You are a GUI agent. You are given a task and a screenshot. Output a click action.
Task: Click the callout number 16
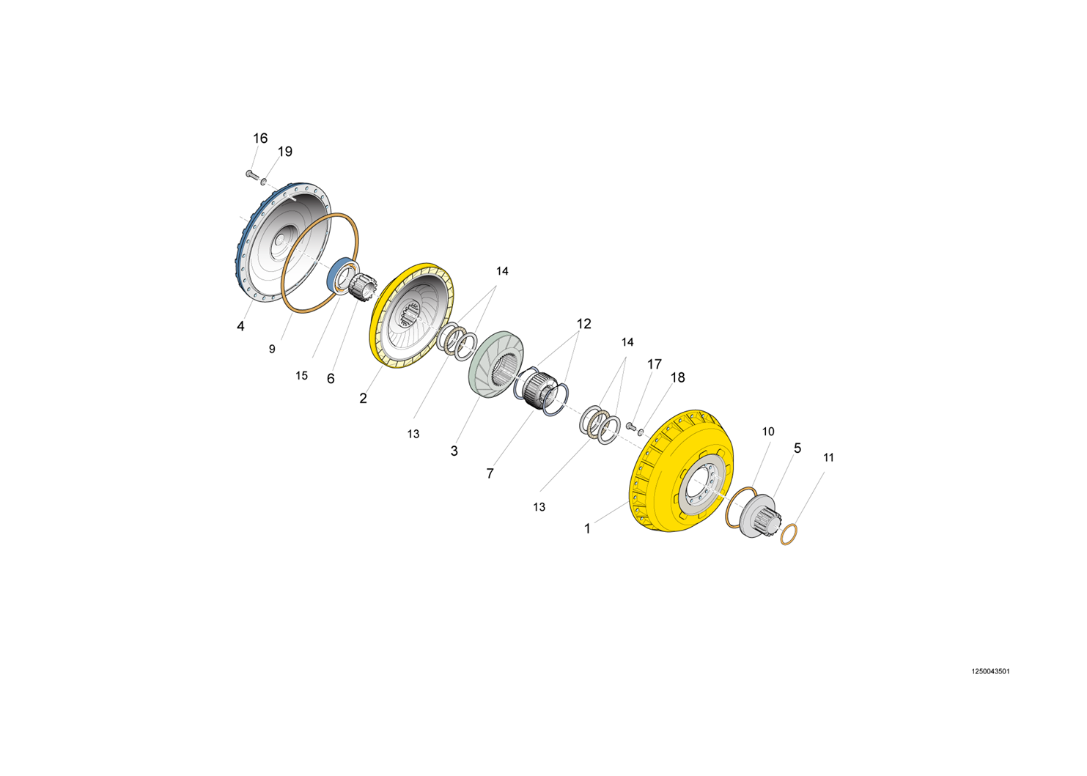pos(260,138)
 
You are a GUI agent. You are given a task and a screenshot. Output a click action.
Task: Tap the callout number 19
pos(285,152)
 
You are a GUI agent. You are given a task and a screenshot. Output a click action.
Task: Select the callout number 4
pos(240,326)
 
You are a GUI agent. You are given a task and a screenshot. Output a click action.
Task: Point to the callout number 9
pos(272,350)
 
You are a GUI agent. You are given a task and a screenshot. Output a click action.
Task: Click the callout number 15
pos(301,375)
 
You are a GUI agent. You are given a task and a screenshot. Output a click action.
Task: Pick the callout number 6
pos(331,379)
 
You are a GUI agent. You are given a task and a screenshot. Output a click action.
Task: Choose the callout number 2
pos(363,398)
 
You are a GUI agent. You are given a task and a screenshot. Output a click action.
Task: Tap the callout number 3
pos(454,451)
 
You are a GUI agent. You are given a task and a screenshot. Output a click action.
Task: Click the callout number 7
pos(490,473)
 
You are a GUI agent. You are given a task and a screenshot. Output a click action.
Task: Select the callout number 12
pos(583,323)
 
